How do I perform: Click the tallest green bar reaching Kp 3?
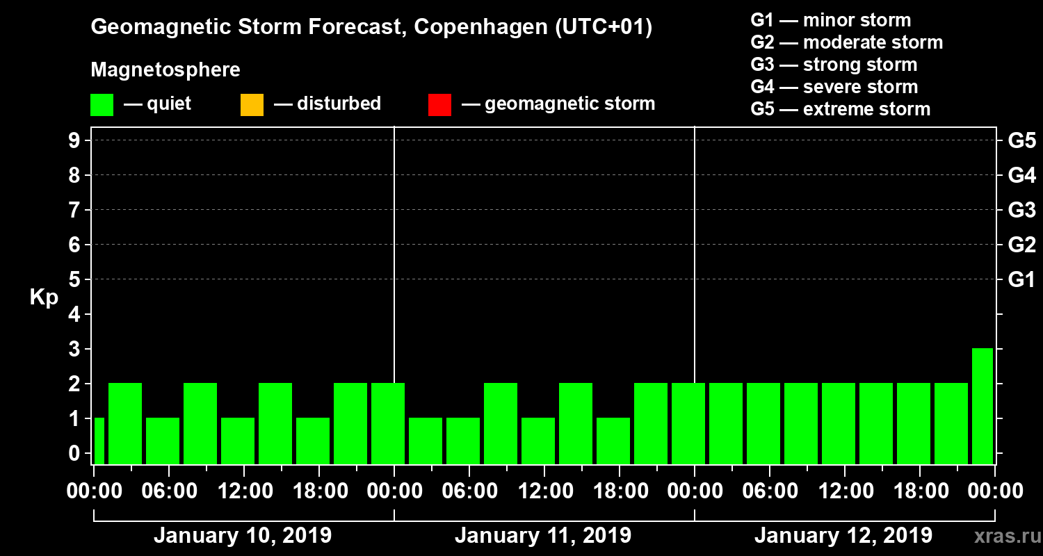point(983,406)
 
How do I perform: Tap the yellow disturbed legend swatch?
point(252,105)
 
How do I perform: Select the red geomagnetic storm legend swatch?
point(439,105)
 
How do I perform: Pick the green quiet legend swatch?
point(102,105)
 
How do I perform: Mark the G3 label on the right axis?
point(1021,210)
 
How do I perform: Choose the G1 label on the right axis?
point(1021,280)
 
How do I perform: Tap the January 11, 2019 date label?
point(543,536)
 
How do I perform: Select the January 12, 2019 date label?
point(843,536)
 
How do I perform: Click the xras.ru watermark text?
point(1002,536)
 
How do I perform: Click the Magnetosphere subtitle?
point(165,70)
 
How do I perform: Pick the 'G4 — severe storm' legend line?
point(834,87)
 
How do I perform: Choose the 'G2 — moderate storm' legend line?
point(847,42)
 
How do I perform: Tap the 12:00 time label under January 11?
point(544,491)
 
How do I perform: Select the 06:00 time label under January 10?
point(169,491)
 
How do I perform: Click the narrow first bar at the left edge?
point(99,441)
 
